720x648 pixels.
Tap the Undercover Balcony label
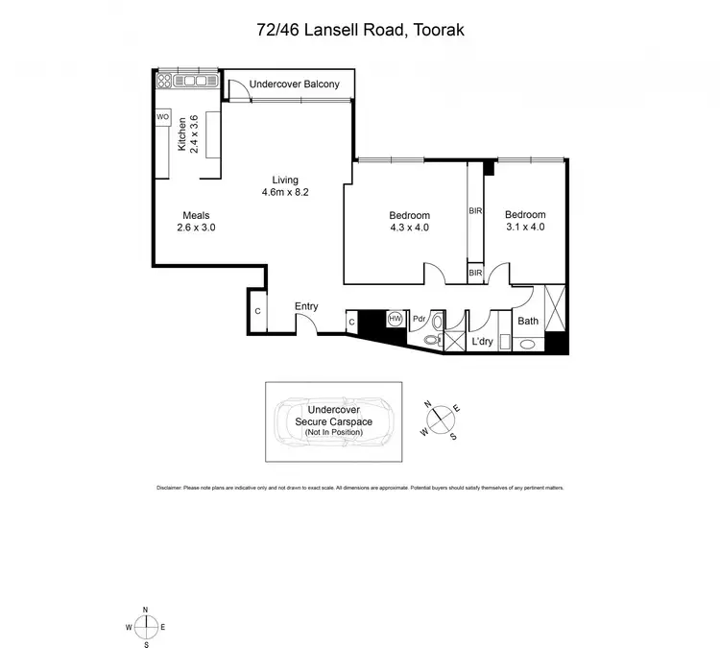pos(294,84)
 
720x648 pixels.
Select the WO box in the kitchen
pos(162,117)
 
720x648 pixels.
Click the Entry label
pos(306,306)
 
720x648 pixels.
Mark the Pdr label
pos(420,320)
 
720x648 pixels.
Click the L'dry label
pos(482,342)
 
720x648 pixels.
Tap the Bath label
pos(528,321)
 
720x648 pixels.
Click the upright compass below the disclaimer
pos(145,627)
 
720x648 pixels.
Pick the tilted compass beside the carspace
pos(439,418)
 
